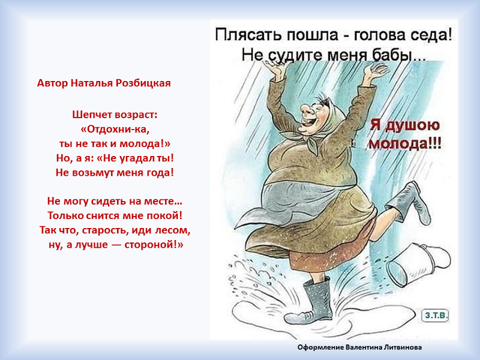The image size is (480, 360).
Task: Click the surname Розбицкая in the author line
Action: (x=143, y=83)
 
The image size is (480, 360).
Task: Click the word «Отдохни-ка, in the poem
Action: (x=115, y=129)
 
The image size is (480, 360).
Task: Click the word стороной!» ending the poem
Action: (x=154, y=245)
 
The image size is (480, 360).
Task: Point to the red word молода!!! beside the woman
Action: (x=405, y=143)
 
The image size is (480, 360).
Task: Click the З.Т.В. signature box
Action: (x=436, y=315)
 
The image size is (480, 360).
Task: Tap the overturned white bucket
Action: (x=418, y=264)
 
